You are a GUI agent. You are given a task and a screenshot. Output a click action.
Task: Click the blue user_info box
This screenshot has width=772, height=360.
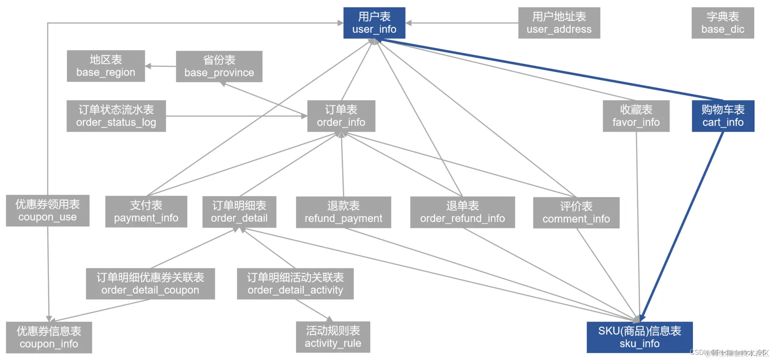(x=374, y=23)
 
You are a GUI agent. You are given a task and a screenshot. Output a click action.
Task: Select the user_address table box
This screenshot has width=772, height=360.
(x=559, y=23)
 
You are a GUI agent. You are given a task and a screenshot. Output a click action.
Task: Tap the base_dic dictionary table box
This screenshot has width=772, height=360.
(x=722, y=23)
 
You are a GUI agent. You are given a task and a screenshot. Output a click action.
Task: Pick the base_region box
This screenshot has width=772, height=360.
(x=106, y=66)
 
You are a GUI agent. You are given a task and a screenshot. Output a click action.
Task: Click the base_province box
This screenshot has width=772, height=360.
(x=219, y=67)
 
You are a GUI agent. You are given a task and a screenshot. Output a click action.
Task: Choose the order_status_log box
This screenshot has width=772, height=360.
(x=116, y=116)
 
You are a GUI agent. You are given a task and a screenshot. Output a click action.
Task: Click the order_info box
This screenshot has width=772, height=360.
(x=341, y=116)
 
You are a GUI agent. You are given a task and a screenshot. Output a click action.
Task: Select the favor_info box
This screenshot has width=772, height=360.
(x=636, y=116)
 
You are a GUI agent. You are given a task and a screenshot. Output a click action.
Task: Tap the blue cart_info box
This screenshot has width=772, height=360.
(x=723, y=116)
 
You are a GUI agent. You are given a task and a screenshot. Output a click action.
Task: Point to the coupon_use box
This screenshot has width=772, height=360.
(x=48, y=211)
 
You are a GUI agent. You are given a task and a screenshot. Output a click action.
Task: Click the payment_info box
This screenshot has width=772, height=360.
(x=146, y=211)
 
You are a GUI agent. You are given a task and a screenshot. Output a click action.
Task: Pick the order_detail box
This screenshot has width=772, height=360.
(x=239, y=212)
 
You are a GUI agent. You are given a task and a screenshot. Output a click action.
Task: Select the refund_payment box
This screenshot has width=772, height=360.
(x=343, y=212)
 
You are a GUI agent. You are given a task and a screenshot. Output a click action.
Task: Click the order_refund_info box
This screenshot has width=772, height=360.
(x=462, y=212)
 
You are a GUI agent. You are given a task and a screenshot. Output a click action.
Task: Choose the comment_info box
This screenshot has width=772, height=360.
(x=576, y=213)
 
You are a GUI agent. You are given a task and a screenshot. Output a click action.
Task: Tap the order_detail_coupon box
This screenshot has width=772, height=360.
(x=150, y=284)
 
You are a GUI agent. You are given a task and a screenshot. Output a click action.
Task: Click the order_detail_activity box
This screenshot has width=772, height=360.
(x=295, y=284)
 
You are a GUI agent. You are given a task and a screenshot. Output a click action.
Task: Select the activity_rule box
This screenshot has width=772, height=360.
(x=333, y=337)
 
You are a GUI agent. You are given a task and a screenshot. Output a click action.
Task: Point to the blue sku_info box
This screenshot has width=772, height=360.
(x=639, y=337)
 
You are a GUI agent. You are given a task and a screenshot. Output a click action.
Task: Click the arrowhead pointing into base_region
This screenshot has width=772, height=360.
(x=148, y=66)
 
